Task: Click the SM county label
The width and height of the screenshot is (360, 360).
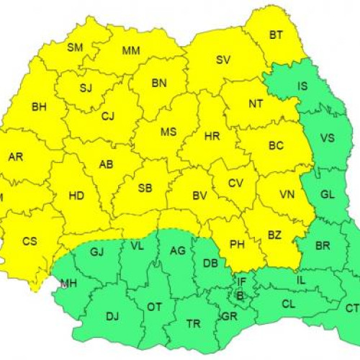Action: [75, 48]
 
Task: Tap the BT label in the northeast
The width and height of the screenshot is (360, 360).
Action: [276, 34]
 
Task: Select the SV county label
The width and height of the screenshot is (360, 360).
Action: [223, 60]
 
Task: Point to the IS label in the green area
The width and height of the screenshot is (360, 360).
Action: [303, 86]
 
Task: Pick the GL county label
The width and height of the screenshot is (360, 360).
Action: [328, 195]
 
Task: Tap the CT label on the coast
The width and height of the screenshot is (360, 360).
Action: [351, 308]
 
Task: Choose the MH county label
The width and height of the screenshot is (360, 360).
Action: [68, 283]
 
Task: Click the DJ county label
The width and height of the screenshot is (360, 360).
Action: [112, 315]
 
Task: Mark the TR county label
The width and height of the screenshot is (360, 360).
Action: [193, 323]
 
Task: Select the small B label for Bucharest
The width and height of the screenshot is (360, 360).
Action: [240, 295]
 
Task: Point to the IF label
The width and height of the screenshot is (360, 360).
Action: [242, 282]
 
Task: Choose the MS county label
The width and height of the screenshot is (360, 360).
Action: [168, 132]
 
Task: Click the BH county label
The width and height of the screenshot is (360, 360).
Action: [39, 107]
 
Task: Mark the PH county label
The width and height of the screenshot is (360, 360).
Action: [236, 244]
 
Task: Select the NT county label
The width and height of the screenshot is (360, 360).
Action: [256, 103]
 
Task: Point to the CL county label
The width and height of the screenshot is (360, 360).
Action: [288, 305]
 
